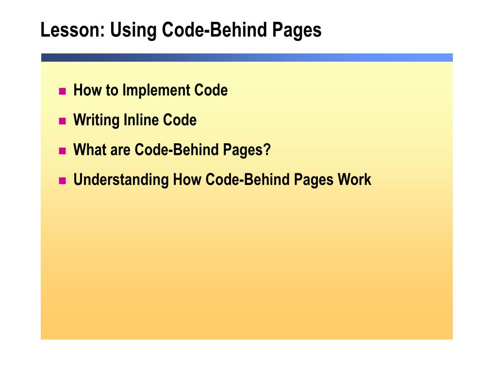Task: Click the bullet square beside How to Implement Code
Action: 62,91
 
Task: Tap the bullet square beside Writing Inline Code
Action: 62,121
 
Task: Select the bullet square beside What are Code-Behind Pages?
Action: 62,151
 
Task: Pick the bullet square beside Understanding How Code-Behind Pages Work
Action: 62,181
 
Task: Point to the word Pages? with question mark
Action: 247,151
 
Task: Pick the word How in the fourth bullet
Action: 187,180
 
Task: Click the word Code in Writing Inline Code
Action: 180,120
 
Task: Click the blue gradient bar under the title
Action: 247,57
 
